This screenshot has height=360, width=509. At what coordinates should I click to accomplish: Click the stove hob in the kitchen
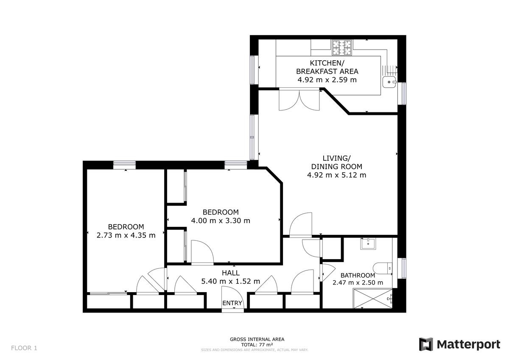click(x=341, y=47)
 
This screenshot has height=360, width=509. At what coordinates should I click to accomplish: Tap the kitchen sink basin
click(x=389, y=82)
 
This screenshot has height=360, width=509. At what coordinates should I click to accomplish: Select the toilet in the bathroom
click(x=383, y=268)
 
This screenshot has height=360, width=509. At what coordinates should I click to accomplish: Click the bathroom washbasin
click(x=368, y=244)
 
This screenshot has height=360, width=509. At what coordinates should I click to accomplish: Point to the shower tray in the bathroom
click(x=373, y=299)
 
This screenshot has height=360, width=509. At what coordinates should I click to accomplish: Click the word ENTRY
click(x=232, y=303)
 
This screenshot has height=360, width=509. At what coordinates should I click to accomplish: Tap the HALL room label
click(x=231, y=273)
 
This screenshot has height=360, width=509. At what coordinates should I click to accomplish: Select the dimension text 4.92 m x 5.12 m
click(x=336, y=175)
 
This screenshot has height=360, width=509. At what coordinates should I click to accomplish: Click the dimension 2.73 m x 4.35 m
click(x=126, y=235)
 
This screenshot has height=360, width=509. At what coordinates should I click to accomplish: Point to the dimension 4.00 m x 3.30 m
click(x=221, y=220)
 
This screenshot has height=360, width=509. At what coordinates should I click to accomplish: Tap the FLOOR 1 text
click(x=24, y=348)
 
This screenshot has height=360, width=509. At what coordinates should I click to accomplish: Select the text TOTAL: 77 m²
click(x=257, y=345)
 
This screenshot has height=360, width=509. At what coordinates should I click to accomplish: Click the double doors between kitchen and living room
click(x=299, y=100)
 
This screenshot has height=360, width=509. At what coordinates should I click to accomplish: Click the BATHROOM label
click(x=358, y=276)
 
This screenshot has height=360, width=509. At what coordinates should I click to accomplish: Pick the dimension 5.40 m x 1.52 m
click(x=231, y=282)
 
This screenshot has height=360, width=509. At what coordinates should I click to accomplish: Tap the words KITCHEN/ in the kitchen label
click(x=327, y=63)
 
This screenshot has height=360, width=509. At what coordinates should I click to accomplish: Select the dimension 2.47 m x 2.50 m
click(x=358, y=282)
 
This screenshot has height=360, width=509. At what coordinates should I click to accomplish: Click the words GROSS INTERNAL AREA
click(x=257, y=339)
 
